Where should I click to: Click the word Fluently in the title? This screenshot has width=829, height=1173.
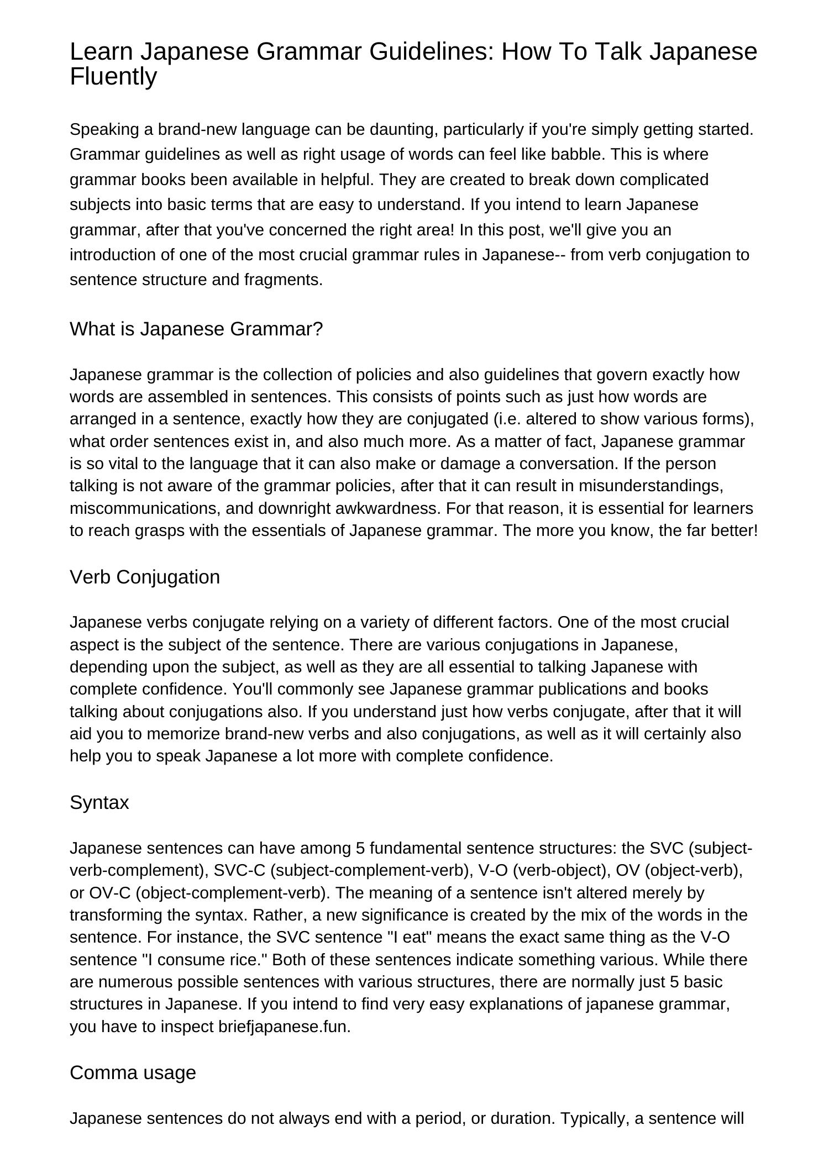(x=113, y=76)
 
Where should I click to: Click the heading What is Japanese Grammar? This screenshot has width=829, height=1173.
(x=196, y=329)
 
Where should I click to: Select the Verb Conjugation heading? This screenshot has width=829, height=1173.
(x=145, y=577)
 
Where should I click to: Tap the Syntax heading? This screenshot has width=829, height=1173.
(x=99, y=802)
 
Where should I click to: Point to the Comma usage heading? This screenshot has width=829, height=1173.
(x=133, y=1072)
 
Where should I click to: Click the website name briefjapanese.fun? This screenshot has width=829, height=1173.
(x=284, y=1027)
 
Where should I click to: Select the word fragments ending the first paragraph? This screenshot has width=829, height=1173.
(x=283, y=280)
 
